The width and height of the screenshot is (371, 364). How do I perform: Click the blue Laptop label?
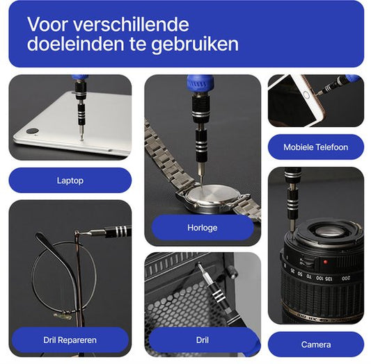[x=70, y=181]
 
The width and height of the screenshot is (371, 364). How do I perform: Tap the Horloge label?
[x=203, y=227]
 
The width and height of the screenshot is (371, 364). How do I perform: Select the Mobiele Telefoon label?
[x=315, y=147]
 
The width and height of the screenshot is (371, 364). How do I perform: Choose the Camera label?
[x=315, y=345]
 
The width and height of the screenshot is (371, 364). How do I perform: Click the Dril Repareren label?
[x=70, y=340]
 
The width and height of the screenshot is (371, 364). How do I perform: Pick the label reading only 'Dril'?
[x=203, y=340]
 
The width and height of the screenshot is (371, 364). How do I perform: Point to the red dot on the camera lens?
[x=325, y=263]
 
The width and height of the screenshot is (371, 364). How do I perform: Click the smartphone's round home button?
[x=306, y=93]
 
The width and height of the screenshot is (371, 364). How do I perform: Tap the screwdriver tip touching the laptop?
[x=81, y=137]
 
